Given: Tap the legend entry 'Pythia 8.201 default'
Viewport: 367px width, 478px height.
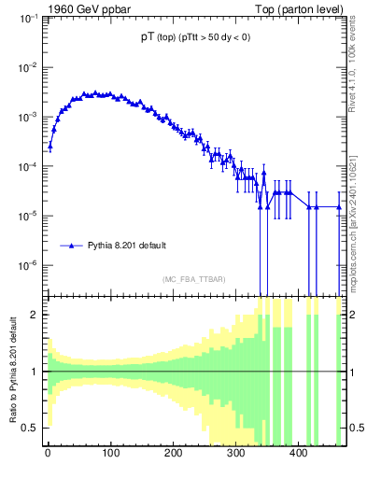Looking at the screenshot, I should click(127, 246).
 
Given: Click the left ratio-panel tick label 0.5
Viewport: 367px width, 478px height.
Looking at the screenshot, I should click(32, 429).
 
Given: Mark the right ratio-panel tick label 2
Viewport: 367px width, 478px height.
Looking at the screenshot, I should click(354, 315).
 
